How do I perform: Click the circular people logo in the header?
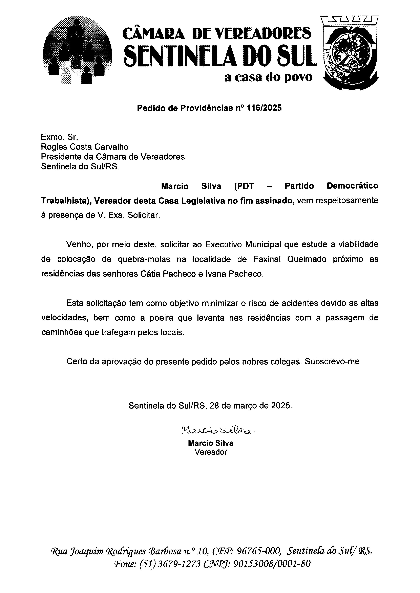pos(78,52)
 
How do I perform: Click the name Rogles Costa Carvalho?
pos(85,147)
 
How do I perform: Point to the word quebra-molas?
pos(144,259)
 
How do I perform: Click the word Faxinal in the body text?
pos(268,259)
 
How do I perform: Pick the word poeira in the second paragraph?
pos(161,318)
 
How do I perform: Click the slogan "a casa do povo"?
pos(268,77)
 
